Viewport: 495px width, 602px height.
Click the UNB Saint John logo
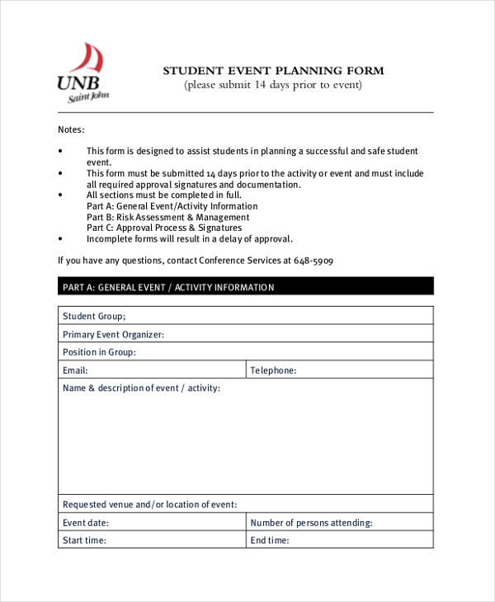click(82, 74)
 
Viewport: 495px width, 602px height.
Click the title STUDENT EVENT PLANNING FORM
click(273, 71)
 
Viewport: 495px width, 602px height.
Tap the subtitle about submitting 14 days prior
click(273, 85)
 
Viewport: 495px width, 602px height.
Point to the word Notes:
click(71, 129)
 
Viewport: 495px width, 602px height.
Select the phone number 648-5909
click(313, 261)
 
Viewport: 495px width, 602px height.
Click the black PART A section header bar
click(245, 287)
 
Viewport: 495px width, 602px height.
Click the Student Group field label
click(94, 316)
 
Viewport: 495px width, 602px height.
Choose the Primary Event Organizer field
click(113, 334)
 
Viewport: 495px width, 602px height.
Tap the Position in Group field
click(99, 352)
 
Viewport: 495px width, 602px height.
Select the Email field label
click(75, 371)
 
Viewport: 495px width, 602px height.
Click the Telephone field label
click(273, 371)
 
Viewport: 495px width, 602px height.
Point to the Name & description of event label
click(141, 388)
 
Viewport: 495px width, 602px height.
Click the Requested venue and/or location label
click(149, 504)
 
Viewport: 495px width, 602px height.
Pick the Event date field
click(86, 523)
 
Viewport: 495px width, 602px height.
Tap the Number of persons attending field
click(311, 523)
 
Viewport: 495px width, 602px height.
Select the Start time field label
click(84, 541)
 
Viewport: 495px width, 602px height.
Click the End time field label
click(270, 541)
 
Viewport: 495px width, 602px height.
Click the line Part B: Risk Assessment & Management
click(168, 217)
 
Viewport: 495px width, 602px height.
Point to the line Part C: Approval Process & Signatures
click(164, 228)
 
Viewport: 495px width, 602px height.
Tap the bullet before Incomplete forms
click(60, 239)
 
